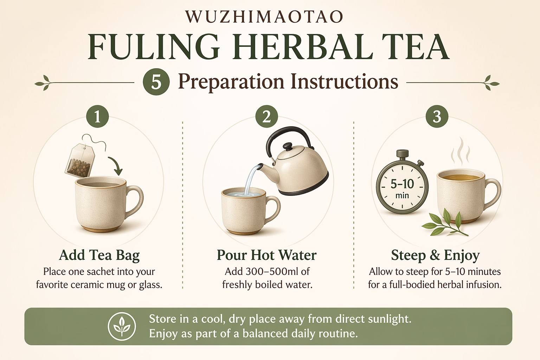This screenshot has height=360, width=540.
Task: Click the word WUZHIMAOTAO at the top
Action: tap(264, 17)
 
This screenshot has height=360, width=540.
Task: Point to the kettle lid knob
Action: tap(287, 146)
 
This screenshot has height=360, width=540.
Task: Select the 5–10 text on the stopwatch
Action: tap(402, 184)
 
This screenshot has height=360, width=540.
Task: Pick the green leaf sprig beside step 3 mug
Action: tap(445, 223)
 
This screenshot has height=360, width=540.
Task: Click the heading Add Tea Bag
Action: tap(99, 255)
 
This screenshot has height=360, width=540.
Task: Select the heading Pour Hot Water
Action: tap(266, 255)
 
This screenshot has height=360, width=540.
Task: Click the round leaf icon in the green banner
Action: tap(122, 326)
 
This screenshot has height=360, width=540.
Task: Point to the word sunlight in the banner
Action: tap(390, 319)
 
